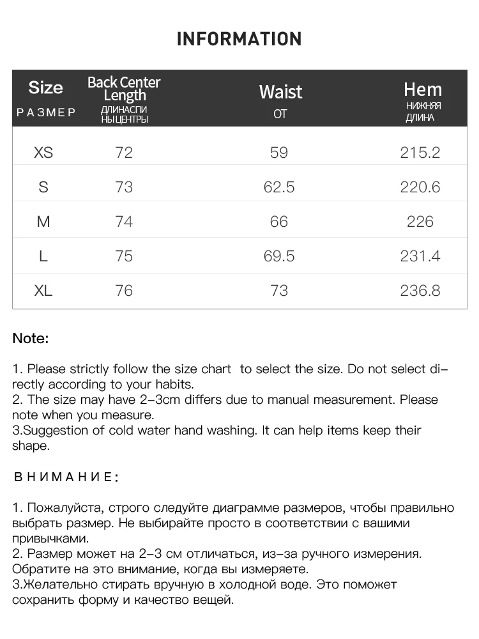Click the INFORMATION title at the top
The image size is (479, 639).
tap(239, 39)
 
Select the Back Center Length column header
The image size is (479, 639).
tap(124, 89)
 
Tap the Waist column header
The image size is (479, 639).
tap(280, 92)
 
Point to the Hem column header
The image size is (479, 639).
tap(422, 89)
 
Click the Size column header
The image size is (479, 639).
tap(46, 88)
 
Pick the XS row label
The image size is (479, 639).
tap(43, 153)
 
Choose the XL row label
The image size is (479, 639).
tap(43, 291)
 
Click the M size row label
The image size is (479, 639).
tap(43, 222)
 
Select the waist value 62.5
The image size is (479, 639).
tap(279, 187)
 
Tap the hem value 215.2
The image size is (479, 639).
tap(420, 153)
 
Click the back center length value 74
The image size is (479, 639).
tap(124, 222)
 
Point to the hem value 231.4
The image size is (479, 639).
tap(420, 256)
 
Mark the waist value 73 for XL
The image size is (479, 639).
tap(279, 291)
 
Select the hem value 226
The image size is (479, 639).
tap(420, 222)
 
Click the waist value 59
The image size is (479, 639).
tap(279, 153)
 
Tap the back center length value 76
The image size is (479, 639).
tap(124, 291)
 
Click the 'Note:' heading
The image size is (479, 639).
tap(30, 339)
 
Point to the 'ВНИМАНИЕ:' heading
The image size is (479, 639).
tap(66, 477)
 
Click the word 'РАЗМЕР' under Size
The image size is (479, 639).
tap(46, 112)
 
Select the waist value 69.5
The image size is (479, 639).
tap(279, 256)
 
